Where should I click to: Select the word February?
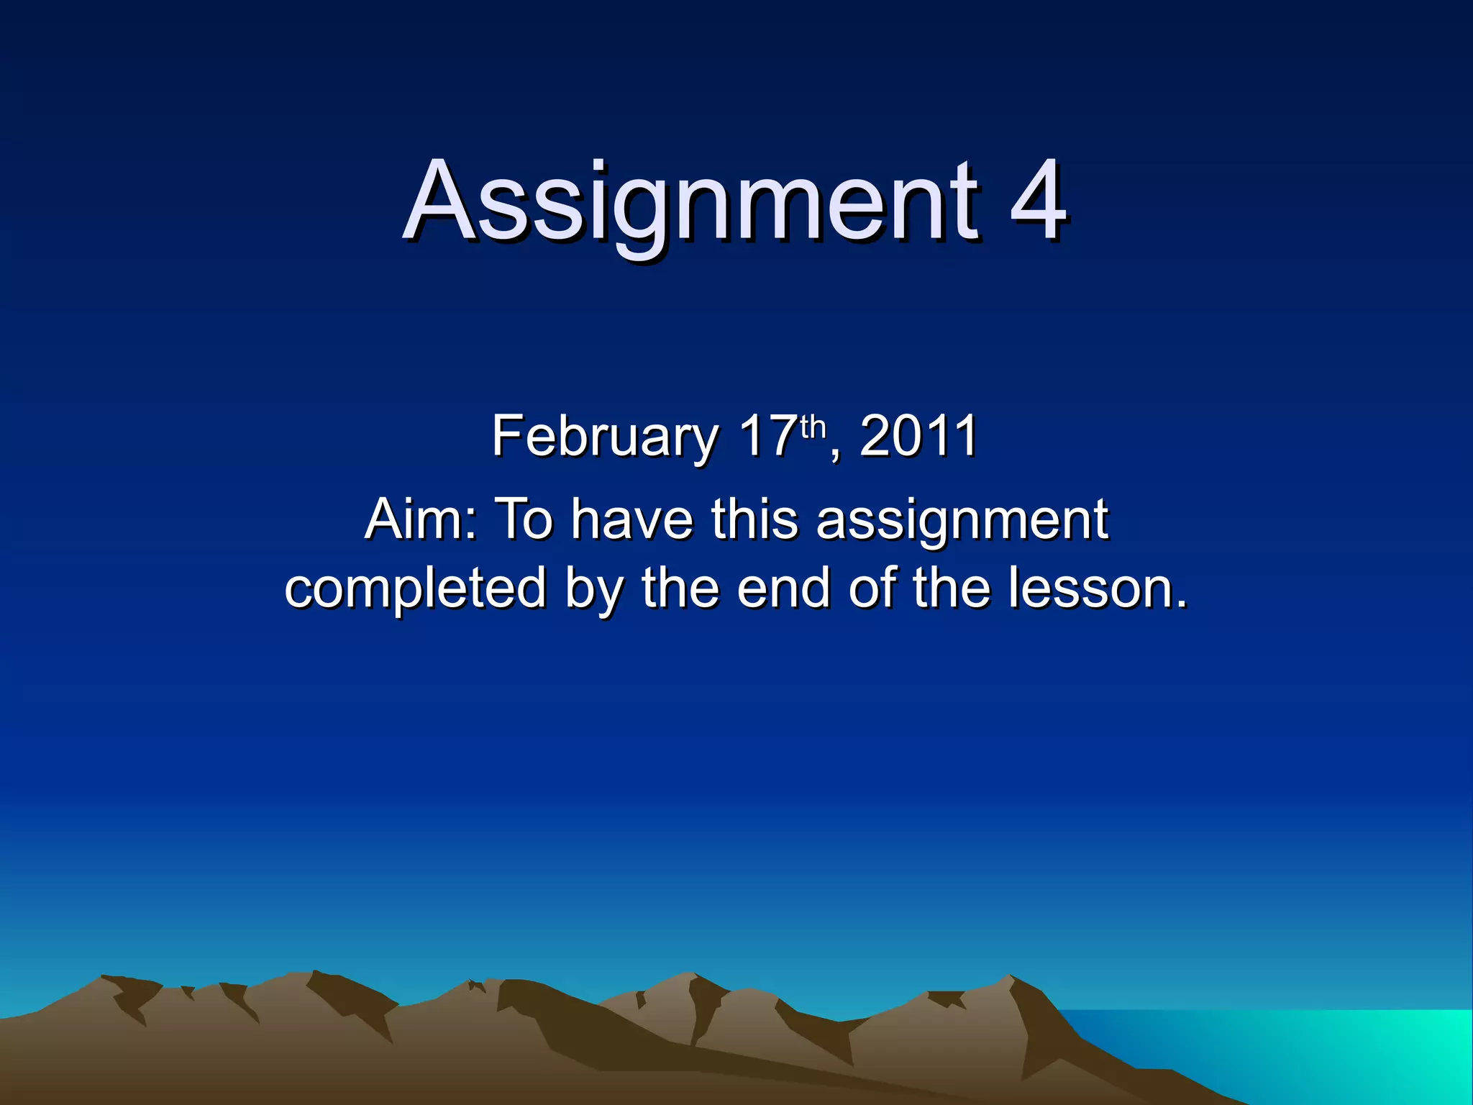pos(605,437)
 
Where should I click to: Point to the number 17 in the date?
pos(768,436)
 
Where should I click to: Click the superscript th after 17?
pos(813,427)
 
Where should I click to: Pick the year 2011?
pos(918,436)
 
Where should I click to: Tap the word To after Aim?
pos(524,519)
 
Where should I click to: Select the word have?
pos(632,519)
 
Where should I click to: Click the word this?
pos(754,519)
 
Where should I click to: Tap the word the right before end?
pos(680,588)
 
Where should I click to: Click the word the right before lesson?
pos(952,588)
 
